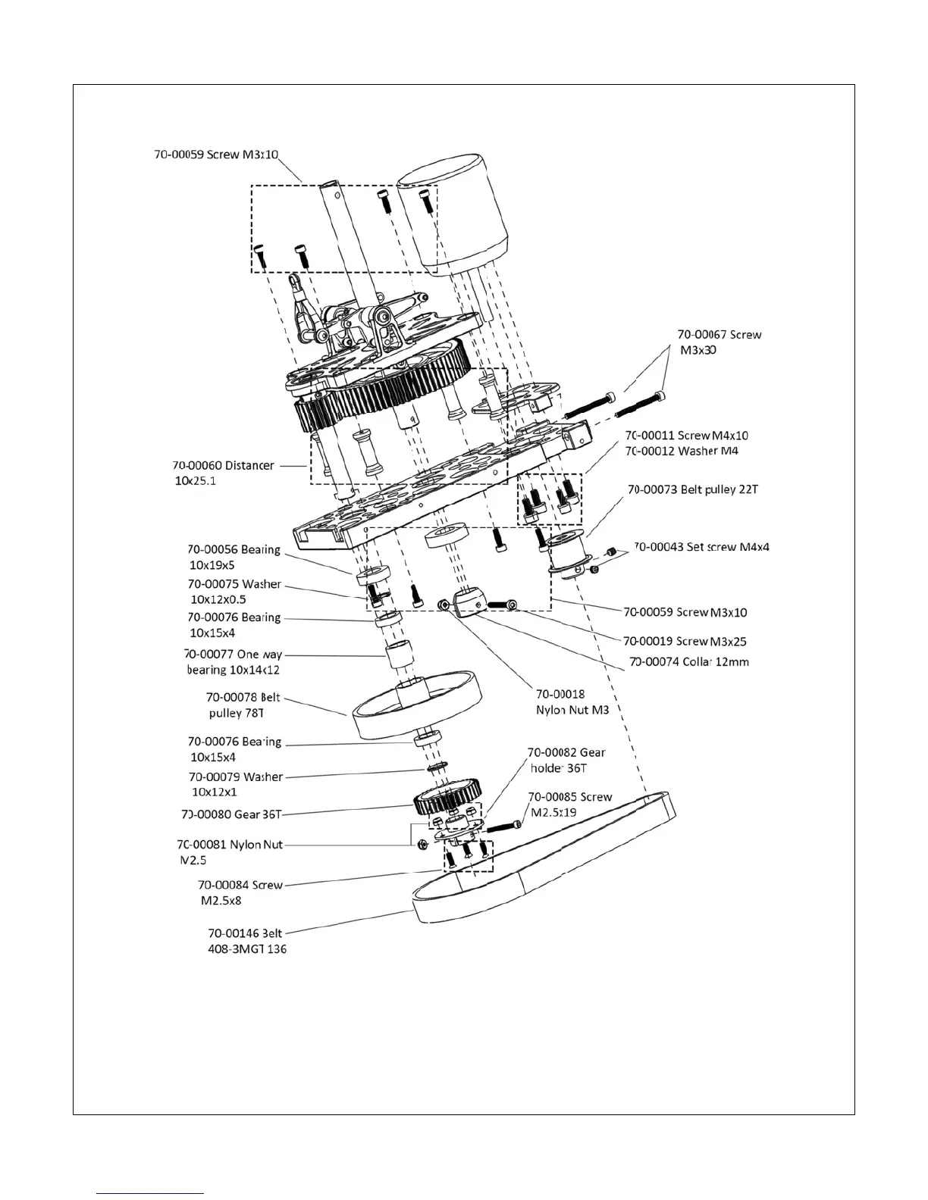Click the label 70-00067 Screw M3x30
719,342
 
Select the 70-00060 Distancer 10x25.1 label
223,473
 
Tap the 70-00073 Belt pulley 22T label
692,489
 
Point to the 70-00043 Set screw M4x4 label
701,546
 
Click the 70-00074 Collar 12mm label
689,661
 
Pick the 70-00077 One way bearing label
234,661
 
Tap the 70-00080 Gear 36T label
231,814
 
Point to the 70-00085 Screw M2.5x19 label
569,805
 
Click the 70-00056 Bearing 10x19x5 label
234,557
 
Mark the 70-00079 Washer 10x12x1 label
235,784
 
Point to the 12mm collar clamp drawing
470,604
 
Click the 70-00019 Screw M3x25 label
685,641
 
